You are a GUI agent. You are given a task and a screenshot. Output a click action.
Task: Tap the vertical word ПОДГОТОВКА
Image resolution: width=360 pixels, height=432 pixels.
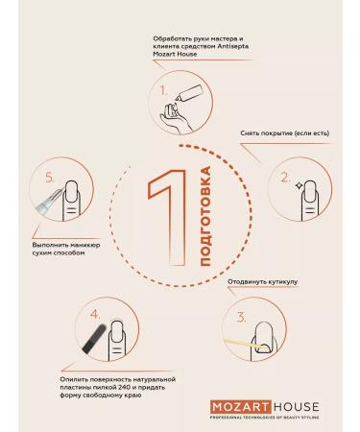pyautogui.click(x=204, y=216)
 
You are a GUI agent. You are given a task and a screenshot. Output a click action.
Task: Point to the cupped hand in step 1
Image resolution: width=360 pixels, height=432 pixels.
pyautogui.click(x=176, y=117)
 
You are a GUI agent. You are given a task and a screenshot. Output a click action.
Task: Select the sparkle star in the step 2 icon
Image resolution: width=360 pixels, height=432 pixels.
pyautogui.click(x=299, y=185)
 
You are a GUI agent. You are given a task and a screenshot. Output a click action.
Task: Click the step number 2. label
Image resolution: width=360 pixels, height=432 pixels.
pyautogui.click(x=285, y=178)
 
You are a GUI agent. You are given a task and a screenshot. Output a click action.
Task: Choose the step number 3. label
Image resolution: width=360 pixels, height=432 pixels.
pyautogui.click(x=241, y=318)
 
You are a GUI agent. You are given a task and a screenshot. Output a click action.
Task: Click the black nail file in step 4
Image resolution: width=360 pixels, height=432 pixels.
pyautogui.click(x=94, y=338)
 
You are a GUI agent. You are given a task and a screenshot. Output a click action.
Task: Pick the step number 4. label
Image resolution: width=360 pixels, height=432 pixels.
pyautogui.click(x=95, y=315)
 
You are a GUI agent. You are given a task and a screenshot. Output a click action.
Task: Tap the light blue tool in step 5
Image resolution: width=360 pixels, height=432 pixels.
pyautogui.click(x=49, y=202)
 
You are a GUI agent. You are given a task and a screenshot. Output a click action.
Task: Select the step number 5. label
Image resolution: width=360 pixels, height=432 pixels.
pyautogui.click(x=51, y=178)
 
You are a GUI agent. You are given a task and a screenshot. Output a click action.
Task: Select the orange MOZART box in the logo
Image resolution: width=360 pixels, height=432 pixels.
pyautogui.click(x=241, y=407)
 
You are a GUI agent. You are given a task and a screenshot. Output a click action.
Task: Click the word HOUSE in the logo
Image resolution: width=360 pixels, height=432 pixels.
pyautogui.click(x=297, y=407)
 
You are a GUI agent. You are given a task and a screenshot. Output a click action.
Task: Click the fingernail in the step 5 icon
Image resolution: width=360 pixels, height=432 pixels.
pyautogui.click(x=72, y=192)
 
